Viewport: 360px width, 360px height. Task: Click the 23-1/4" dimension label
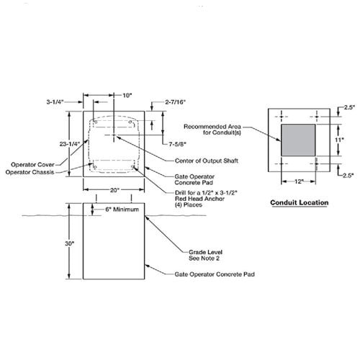(x=69, y=144)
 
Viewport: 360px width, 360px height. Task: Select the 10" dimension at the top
(x=127, y=96)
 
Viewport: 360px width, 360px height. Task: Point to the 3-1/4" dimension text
(x=55, y=102)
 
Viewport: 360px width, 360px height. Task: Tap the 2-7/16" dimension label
(x=176, y=102)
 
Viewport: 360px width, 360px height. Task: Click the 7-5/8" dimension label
(x=177, y=144)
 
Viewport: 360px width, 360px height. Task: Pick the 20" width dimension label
(x=114, y=190)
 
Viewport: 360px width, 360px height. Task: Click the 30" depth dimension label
(x=70, y=243)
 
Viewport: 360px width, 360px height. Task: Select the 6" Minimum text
(x=122, y=210)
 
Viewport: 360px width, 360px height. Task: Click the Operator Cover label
(x=32, y=165)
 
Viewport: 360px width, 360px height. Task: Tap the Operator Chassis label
(x=30, y=172)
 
